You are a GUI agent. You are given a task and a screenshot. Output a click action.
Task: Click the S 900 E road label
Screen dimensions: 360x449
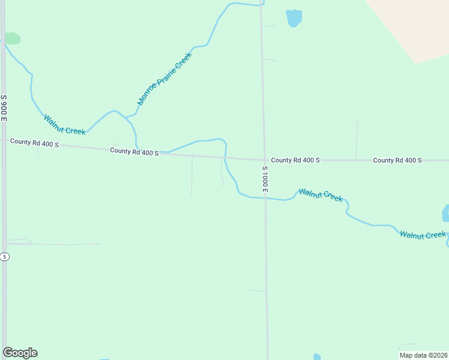pos(4,108)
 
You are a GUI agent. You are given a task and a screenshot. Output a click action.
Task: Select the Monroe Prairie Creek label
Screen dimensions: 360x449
pos(164,79)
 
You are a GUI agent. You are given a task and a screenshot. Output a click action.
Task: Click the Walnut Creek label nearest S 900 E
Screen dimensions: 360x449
pos(64,124)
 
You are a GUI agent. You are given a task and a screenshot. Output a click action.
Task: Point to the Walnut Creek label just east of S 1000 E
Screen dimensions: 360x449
pos(321,195)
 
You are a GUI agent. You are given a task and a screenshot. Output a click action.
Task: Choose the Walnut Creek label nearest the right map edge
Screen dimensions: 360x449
pos(423,235)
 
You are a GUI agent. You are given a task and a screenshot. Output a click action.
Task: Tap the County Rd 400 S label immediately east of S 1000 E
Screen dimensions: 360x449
pos(295,160)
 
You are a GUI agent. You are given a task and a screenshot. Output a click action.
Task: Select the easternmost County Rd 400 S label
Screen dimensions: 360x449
pos(397,160)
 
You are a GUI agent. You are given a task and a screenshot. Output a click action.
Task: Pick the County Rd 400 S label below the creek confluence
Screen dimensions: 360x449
pos(134,151)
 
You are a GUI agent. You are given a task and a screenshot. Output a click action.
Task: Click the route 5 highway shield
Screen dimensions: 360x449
pos(5,257)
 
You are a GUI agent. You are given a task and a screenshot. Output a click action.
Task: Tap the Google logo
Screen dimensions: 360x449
pos(20,353)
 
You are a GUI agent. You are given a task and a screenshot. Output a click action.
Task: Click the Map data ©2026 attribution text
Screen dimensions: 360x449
pos(423,355)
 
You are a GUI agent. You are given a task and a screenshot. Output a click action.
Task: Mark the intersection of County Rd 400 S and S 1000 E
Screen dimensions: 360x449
pos(264,160)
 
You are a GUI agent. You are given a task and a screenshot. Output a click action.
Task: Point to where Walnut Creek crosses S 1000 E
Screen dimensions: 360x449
pos(265,198)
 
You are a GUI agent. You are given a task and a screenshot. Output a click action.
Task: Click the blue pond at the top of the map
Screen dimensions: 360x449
pos(294,18)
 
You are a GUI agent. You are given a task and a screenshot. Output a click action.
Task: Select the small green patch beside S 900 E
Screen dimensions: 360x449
pos(12,38)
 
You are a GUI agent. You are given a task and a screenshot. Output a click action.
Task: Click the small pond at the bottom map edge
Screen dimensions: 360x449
pos(316,356)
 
